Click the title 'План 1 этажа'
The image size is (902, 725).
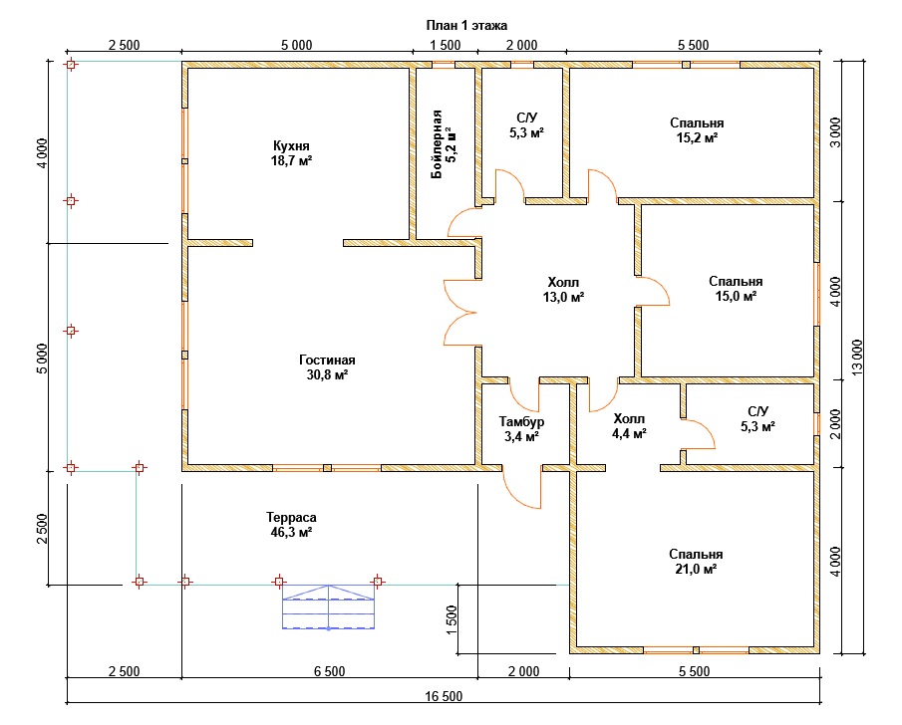466,25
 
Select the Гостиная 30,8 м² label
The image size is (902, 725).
327,367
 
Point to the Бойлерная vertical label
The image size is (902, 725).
437,143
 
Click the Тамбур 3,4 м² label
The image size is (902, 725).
521,429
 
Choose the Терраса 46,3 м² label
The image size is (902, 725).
291,525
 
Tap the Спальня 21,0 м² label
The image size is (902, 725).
696,561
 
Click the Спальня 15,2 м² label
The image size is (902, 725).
697,129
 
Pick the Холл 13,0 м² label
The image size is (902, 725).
563,289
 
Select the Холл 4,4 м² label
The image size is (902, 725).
629,425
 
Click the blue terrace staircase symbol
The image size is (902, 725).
328,607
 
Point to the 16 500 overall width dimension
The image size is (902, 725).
444,696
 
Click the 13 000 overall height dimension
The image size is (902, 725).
857,358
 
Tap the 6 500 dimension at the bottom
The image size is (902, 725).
330,671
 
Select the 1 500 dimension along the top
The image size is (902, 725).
446,45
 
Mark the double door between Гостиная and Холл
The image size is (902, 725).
460,313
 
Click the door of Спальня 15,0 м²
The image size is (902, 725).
653,291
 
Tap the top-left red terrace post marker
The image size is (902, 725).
71,65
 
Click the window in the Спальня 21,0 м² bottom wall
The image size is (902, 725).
696,650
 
